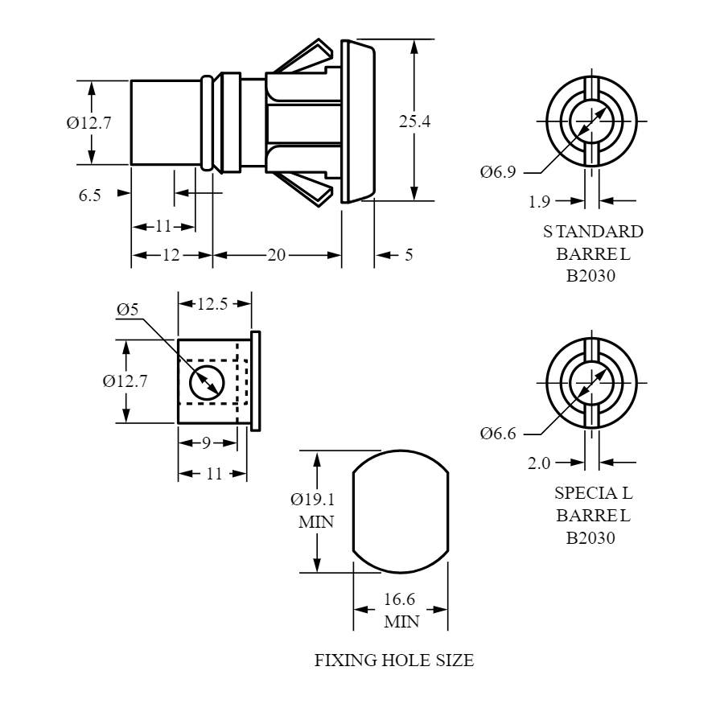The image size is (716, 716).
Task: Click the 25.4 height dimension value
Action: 414,121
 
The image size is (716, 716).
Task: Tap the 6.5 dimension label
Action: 89,195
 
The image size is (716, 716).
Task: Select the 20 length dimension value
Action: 276,255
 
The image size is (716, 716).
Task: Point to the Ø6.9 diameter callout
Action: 498,171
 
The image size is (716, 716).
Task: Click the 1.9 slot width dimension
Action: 539,201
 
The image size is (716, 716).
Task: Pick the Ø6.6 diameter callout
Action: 498,433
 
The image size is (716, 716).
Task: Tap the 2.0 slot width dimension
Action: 539,463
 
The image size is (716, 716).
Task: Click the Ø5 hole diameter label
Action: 127,310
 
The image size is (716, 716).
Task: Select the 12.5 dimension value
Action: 212,303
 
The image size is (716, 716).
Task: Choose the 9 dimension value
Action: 207,442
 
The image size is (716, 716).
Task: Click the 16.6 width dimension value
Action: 400,599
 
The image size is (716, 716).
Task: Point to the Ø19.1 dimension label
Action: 313,500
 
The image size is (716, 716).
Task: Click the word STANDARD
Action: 593,232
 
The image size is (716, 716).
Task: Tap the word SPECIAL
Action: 594,493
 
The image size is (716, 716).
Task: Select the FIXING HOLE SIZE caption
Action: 394,660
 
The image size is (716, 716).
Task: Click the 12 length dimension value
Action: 171,255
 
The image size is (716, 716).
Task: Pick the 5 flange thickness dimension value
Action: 409,255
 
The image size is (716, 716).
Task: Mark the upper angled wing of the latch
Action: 303,56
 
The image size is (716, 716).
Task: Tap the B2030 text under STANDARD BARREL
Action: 590,276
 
